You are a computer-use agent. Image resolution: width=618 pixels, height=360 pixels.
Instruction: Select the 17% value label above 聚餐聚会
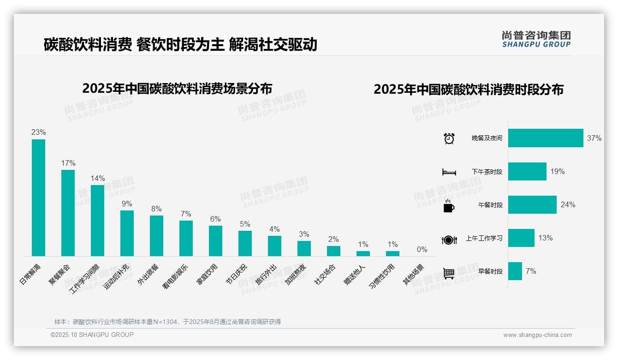[68, 163]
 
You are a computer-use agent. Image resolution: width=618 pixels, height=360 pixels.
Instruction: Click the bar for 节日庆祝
[245, 243]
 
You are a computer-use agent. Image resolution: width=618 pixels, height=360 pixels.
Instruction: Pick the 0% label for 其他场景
[422, 249]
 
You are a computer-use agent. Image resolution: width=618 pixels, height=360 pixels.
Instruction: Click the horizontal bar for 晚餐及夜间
[546, 138]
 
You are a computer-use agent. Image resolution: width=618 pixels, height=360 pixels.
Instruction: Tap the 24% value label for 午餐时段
[568, 205]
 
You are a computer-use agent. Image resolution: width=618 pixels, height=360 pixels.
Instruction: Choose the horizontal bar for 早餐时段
[515, 271]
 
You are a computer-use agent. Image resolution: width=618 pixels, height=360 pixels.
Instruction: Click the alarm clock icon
[449, 138]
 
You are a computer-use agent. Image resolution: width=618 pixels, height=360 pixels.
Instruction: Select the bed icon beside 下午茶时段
[449, 172]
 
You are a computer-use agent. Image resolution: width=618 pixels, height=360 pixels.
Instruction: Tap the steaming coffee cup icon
[449, 205]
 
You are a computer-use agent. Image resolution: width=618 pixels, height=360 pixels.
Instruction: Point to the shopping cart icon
[449, 273]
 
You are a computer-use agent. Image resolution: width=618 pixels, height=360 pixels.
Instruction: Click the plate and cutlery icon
[449, 240]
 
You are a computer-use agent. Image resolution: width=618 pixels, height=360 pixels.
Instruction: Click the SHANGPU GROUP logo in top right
[536, 39]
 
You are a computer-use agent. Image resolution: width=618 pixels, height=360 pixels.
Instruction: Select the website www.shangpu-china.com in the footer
[537, 335]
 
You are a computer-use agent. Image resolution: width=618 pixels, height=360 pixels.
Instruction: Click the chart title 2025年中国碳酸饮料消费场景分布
[177, 88]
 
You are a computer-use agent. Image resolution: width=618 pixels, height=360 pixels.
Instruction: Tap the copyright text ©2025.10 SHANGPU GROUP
[92, 335]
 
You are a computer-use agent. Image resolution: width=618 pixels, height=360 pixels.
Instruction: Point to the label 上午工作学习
[484, 239]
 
